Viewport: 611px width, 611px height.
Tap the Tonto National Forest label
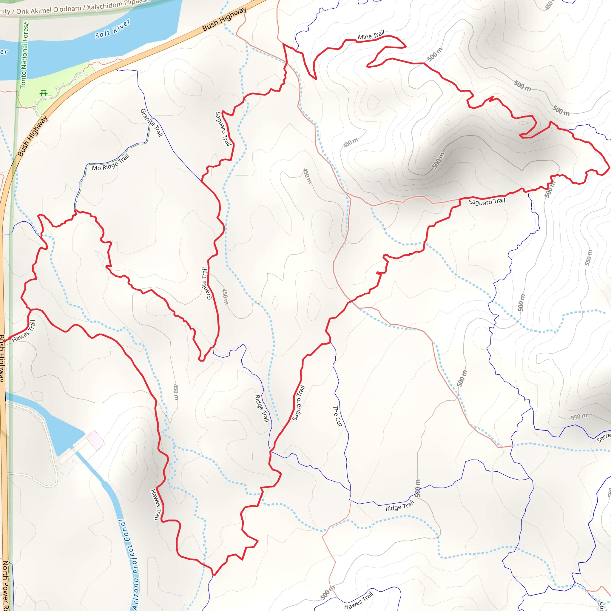pos(24,56)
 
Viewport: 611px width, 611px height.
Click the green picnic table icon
pos(44,93)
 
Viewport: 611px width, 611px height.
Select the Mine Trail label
pos(371,35)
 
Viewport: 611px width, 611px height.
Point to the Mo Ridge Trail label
pos(111,163)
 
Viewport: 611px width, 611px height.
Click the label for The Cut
pos(337,416)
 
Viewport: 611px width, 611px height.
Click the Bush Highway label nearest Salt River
pos(224,19)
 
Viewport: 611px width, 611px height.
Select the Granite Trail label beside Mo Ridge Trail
pos(152,123)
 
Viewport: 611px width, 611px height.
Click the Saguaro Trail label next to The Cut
pos(298,403)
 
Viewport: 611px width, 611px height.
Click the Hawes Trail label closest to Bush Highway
pos(24,331)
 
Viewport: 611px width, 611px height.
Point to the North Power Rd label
pos(6,585)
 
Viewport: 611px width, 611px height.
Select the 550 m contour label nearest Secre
pos(579,416)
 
